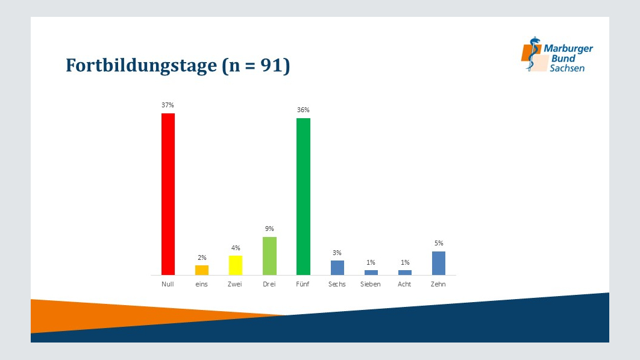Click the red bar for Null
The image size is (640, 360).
[168, 194]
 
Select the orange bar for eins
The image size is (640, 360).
[202, 270]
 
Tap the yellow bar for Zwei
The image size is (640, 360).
[236, 265]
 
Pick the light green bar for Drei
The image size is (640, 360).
[269, 256]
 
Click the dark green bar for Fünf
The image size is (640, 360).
[303, 197]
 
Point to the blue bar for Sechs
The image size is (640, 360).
[337, 268]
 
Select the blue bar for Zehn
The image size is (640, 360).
[439, 263]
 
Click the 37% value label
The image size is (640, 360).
[168, 105]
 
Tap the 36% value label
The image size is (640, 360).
[303, 110]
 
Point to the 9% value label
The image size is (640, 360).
[269, 229]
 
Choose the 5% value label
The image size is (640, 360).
[439, 243]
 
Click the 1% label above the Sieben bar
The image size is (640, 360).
[371, 262]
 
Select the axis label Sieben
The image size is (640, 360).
[370, 284]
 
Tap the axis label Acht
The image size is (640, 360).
[404, 284]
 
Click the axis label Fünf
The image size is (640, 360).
[303, 284]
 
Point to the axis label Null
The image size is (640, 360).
[168, 284]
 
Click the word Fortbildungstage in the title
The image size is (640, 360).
[141, 66]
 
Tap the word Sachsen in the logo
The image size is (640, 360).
[567, 68]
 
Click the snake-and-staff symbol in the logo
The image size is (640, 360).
[532, 54]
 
